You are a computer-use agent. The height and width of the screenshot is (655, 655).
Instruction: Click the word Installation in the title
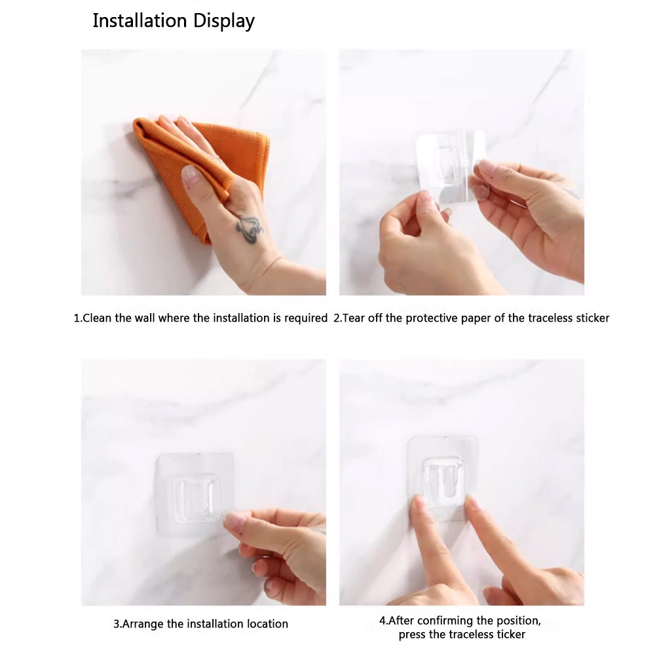pos(140,20)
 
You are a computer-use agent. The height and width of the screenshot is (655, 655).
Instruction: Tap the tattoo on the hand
pos(249,229)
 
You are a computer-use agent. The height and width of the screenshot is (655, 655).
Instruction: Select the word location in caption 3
pos(267,624)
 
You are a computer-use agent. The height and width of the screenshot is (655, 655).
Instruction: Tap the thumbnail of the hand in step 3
pos(236,521)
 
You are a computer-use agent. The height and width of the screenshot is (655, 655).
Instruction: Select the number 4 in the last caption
pos(383,621)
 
